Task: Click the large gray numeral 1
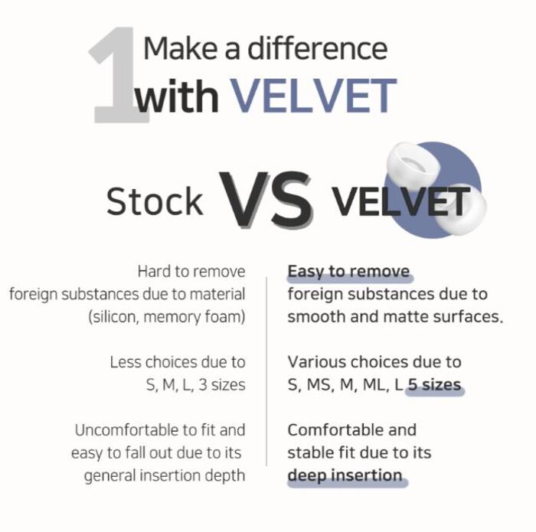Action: click(118, 74)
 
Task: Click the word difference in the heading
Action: click(318, 48)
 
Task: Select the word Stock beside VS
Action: click(155, 201)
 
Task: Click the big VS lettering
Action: click(266, 200)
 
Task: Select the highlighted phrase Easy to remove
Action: click(348, 272)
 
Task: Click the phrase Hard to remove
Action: click(191, 272)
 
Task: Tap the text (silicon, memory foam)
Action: click(167, 317)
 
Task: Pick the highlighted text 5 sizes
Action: click(435, 385)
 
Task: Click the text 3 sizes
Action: click(222, 385)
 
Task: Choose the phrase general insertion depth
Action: click(165, 475)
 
